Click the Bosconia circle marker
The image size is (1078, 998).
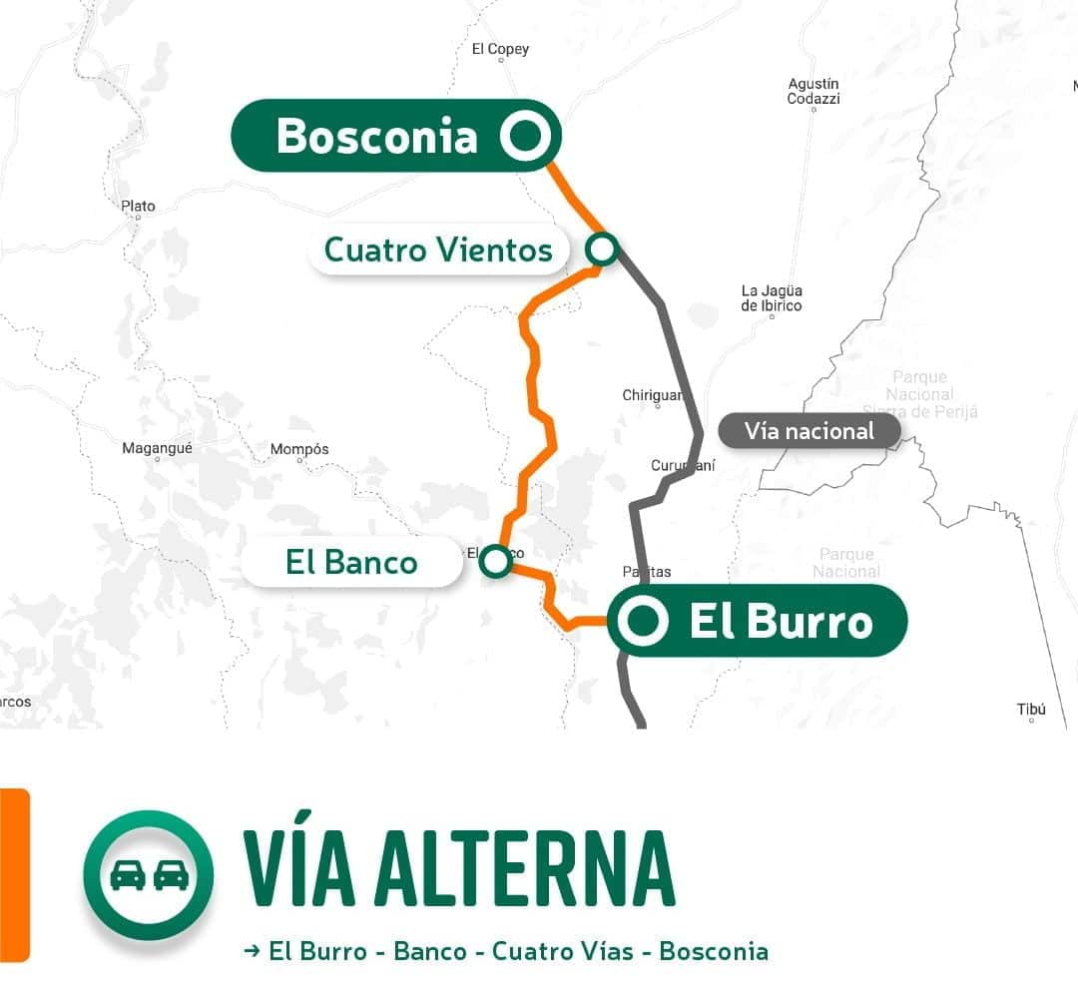[x=524, y=135]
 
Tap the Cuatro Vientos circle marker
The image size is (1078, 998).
[x=602, y=249]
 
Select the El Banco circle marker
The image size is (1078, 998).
[x=495, y=561]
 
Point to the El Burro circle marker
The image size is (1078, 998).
[x=642, y=621]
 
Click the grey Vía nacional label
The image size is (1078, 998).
[x=808, y=431]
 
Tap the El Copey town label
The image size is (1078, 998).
[x=500, y=49]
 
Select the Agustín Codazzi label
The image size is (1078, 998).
[x=813, y=91]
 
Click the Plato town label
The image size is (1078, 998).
[x=138, y=207]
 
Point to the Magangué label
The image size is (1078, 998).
[x=157, y=448]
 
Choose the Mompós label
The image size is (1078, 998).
[x=299, y=449]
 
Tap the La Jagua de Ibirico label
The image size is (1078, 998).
[x=771, y=297]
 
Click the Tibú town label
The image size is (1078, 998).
[x=1031, y=710]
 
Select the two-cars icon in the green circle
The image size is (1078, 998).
[x=149, y=875]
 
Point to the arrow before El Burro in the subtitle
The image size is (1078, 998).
[x=252, y=951]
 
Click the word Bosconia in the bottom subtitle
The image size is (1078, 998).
[x=713, y=951]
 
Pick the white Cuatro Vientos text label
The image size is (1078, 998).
[x=438, y=249]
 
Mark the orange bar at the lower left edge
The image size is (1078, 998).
[x=14, y=874]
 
